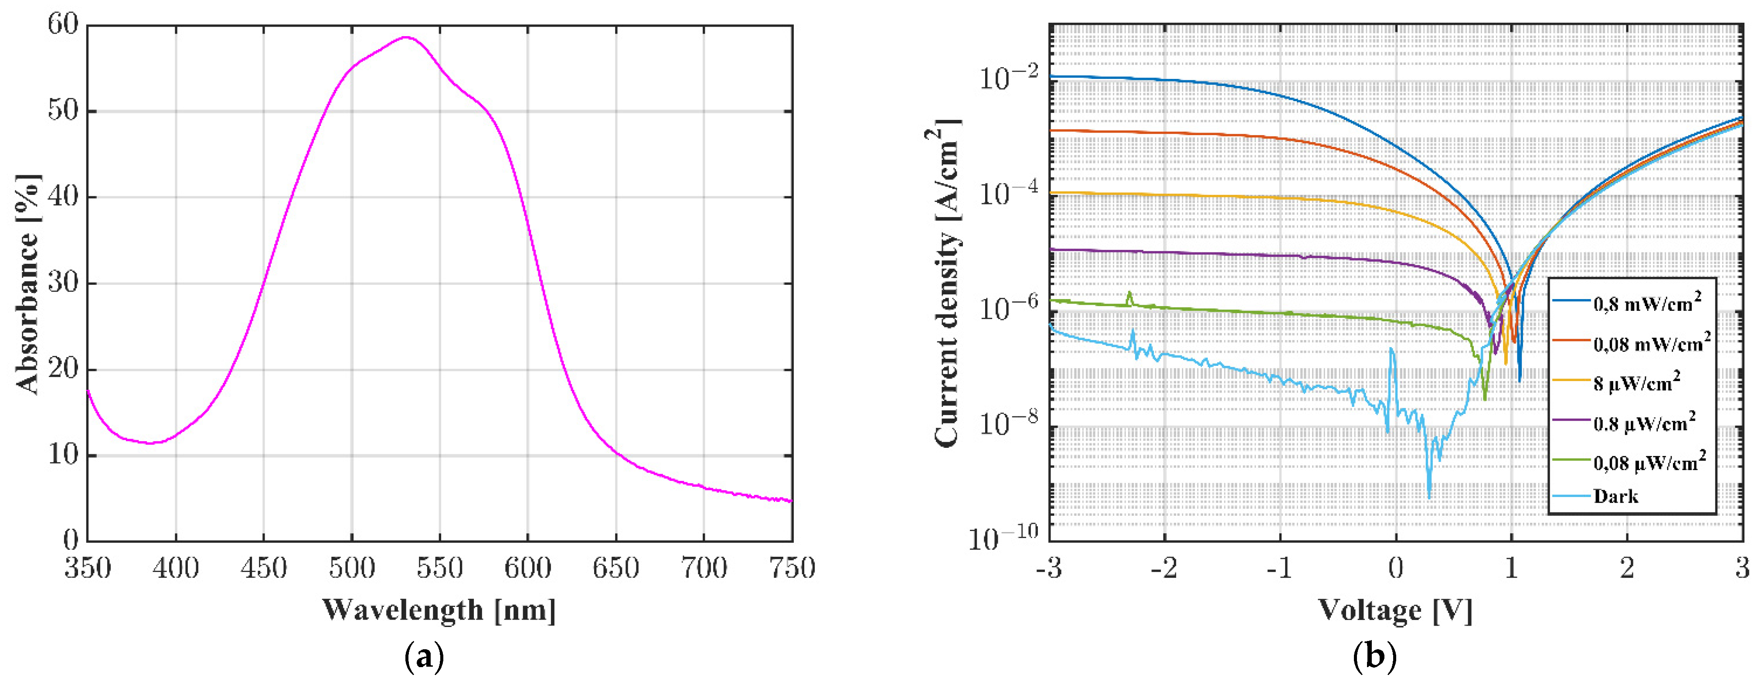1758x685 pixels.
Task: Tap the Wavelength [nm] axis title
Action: click(439, 610)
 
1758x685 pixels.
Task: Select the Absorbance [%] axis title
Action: click(28, 283)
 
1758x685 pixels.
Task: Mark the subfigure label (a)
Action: click(424, 658)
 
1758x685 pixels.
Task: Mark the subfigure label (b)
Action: click(1374, 658)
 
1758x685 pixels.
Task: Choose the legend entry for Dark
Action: click(1615, 497)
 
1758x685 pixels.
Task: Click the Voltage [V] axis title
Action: click(1395, 610)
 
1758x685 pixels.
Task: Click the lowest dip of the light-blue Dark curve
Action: click(1429, 497)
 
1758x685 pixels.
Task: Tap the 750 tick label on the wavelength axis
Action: click(792, 568)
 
